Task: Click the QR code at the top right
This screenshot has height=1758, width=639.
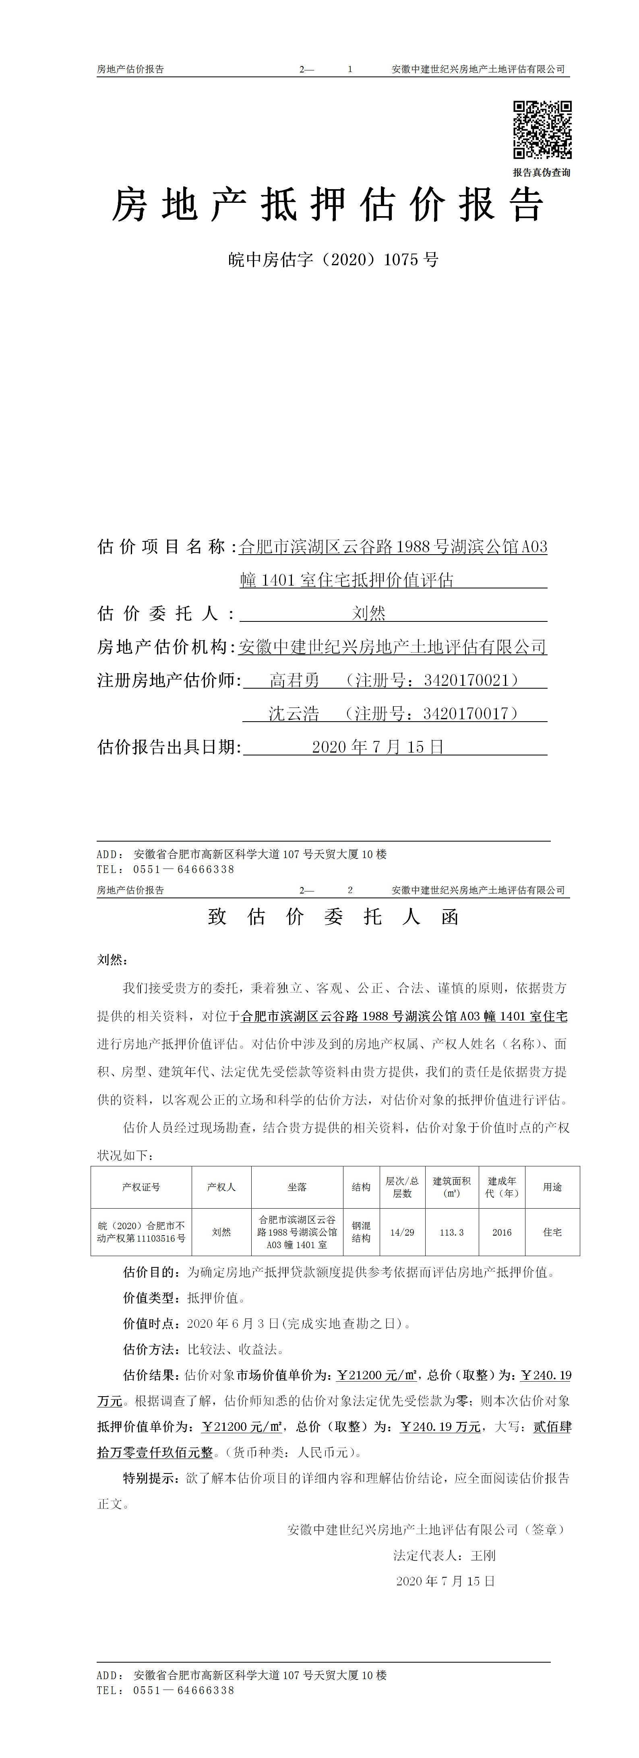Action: click(x=542, y=130)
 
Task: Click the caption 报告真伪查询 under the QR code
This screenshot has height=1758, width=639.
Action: click(x=542, y=173)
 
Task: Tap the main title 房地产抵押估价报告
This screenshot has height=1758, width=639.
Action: click(x=328, y=205)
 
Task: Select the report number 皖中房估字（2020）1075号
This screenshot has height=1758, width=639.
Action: click(x=333, y=260)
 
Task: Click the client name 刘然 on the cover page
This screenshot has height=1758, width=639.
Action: click(x=369, y=613)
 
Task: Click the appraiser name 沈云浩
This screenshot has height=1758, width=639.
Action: click(x=294, y=714)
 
